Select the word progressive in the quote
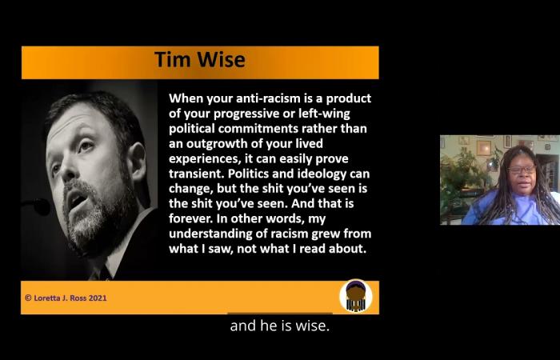coord(245,114)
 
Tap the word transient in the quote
coord(197,174)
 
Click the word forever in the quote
coord(190,219)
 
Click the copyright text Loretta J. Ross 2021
coord(66,298)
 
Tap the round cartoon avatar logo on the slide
coord(355,297)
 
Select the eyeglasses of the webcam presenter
coord(522,170)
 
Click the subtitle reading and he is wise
coord(280,326)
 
